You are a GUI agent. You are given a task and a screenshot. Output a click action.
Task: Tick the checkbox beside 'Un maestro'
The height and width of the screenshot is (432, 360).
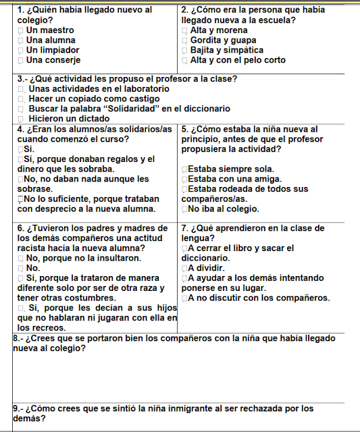point(21,31)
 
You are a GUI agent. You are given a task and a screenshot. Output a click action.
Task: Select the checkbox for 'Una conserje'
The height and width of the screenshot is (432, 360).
point(21,60)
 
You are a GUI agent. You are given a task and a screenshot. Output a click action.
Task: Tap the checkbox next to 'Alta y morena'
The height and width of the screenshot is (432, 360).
point(184,31)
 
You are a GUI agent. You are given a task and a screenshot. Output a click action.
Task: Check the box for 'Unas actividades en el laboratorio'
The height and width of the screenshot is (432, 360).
point(22,89)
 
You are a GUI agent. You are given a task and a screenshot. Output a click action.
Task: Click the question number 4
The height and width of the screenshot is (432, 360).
point(21,129)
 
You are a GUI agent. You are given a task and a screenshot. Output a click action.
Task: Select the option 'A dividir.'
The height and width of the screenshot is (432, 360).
point(210,268)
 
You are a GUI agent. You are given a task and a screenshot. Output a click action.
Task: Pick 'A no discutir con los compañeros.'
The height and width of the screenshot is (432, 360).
point(259,298)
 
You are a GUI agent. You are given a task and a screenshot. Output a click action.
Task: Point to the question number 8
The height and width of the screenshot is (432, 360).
point(16,338)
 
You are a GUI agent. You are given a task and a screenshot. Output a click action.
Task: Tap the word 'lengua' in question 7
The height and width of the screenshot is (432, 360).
point(197,238)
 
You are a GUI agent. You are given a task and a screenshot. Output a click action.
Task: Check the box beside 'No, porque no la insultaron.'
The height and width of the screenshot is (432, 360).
point(22,258)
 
